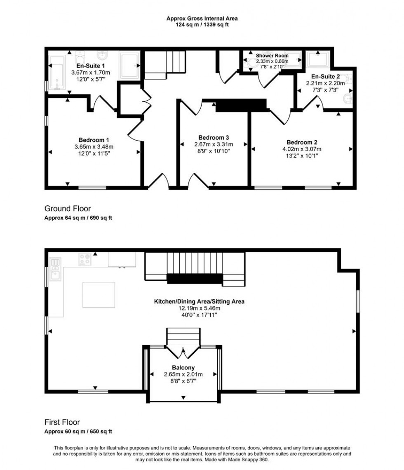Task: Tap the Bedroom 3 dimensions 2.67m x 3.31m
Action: pos(214,144)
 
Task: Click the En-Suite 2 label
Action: pos(326,77)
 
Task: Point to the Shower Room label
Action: pos(272,55)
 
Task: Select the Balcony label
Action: pos(183,367)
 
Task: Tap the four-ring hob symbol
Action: pos(85,259)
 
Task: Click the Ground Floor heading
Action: pos(68,209)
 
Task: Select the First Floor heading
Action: pos(62,422)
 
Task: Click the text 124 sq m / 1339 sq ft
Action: pos(202,24)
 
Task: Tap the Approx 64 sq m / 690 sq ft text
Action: pos(78,218)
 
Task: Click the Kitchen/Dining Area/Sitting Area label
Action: pos(199,301)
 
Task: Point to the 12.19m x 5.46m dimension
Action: pos(199,308)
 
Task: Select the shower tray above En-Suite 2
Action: pos(318,61)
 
